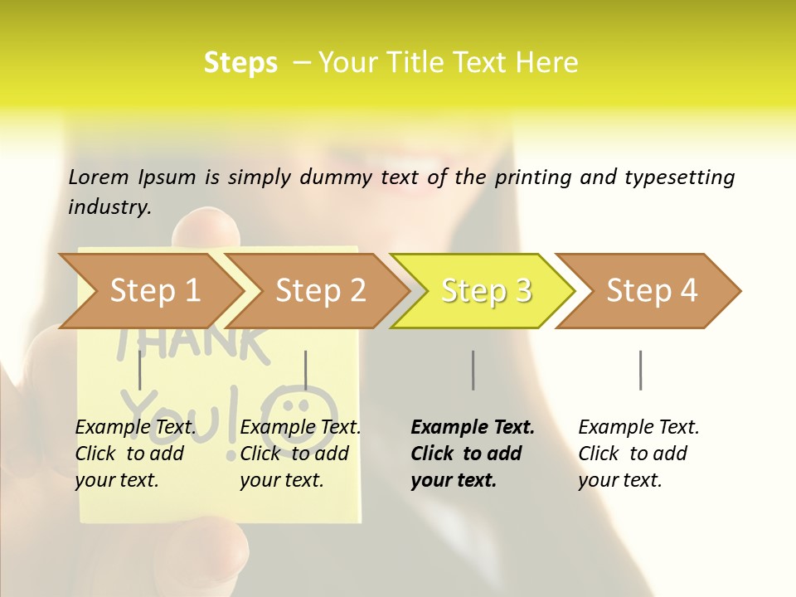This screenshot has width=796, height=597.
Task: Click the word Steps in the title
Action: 240,63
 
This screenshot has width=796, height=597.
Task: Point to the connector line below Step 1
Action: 140,370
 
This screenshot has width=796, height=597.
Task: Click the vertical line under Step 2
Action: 306,370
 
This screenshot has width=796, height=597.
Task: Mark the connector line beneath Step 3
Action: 473,370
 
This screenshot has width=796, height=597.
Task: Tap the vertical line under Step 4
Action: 640,370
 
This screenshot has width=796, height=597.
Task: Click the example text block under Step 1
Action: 135,453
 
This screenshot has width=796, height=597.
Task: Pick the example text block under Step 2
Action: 300,453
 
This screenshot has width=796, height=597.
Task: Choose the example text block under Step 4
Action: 638,453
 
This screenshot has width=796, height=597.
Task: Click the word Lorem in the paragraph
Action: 99,177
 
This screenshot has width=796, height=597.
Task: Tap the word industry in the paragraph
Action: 109,206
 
